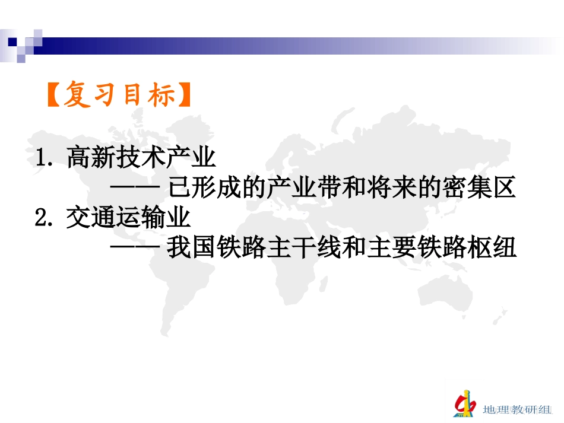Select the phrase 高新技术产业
[141, 158]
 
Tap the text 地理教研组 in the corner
[514, 409]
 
